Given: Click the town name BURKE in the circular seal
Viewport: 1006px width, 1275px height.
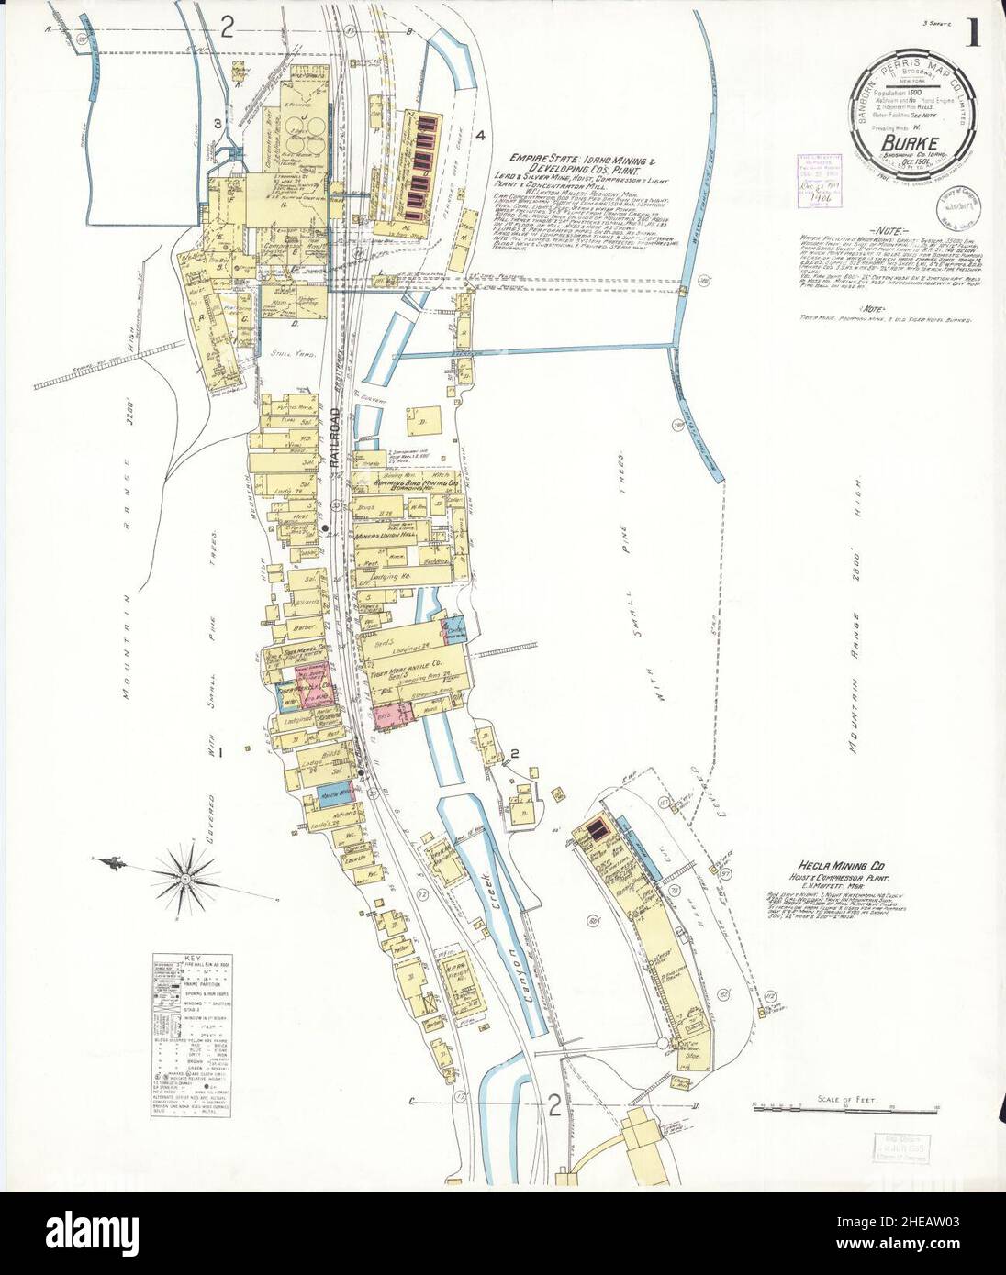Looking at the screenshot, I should (900, 142).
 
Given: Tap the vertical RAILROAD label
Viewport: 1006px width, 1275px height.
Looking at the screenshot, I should (336, 449).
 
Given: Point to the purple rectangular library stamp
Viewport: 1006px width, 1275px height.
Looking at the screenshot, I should (815, 175).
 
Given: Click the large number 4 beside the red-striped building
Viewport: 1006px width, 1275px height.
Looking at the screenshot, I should (479, 136).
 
